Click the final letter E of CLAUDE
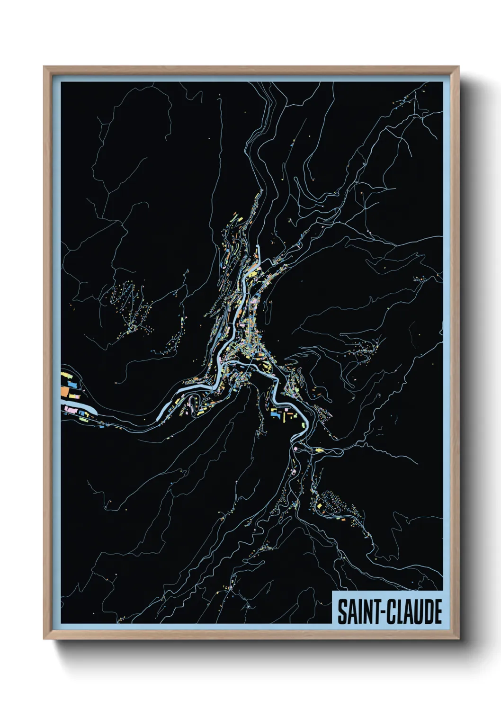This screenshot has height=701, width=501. pyautogui.click(x=438, y=612)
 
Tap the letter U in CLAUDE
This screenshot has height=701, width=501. pyautogui.click(x=416, y=612)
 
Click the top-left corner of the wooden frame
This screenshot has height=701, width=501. pyautogui.click(x=45, y=67)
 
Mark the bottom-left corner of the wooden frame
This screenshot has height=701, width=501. pyautogui.click(x=45, y=639)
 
